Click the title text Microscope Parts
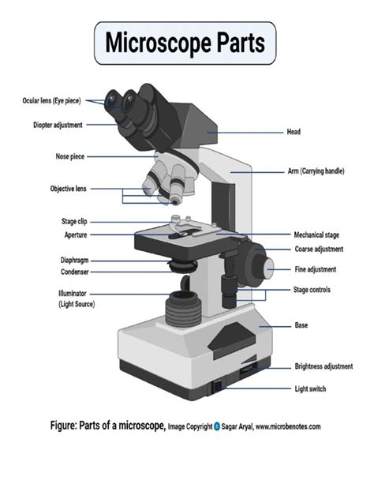pyautogui.click(x=186, y=43)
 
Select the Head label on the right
pyautogui.click(x=294, y=132)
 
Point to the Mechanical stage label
pyautogui.click(x=316, y=235)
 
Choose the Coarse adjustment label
pyautogui.click(x=319, y=249)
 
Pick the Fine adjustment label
pyautogui.click(x=315, y=269)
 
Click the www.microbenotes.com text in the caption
pyautogui.click(x=276, y=426)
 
